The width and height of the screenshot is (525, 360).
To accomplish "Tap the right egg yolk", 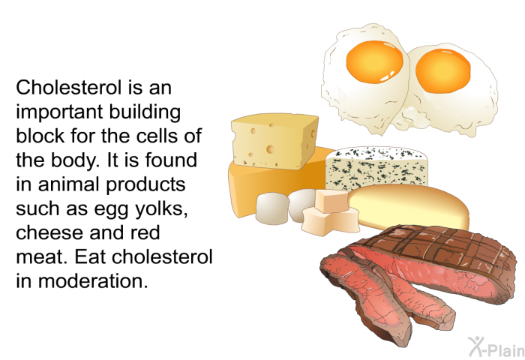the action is point(443,70).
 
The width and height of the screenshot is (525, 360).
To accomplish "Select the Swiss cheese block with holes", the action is point(274,141).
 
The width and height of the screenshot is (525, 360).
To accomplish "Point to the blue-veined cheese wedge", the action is point(376,166).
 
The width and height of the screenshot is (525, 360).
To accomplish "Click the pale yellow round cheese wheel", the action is point(409,206).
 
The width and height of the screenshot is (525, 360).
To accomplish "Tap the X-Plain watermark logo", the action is point(496,346).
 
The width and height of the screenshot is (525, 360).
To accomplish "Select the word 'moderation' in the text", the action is point(93,280).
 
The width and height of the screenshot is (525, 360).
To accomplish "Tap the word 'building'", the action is point(145,112).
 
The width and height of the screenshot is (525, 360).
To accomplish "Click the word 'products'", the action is point(145,184).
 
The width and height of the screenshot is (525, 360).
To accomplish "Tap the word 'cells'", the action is point(156,136).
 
